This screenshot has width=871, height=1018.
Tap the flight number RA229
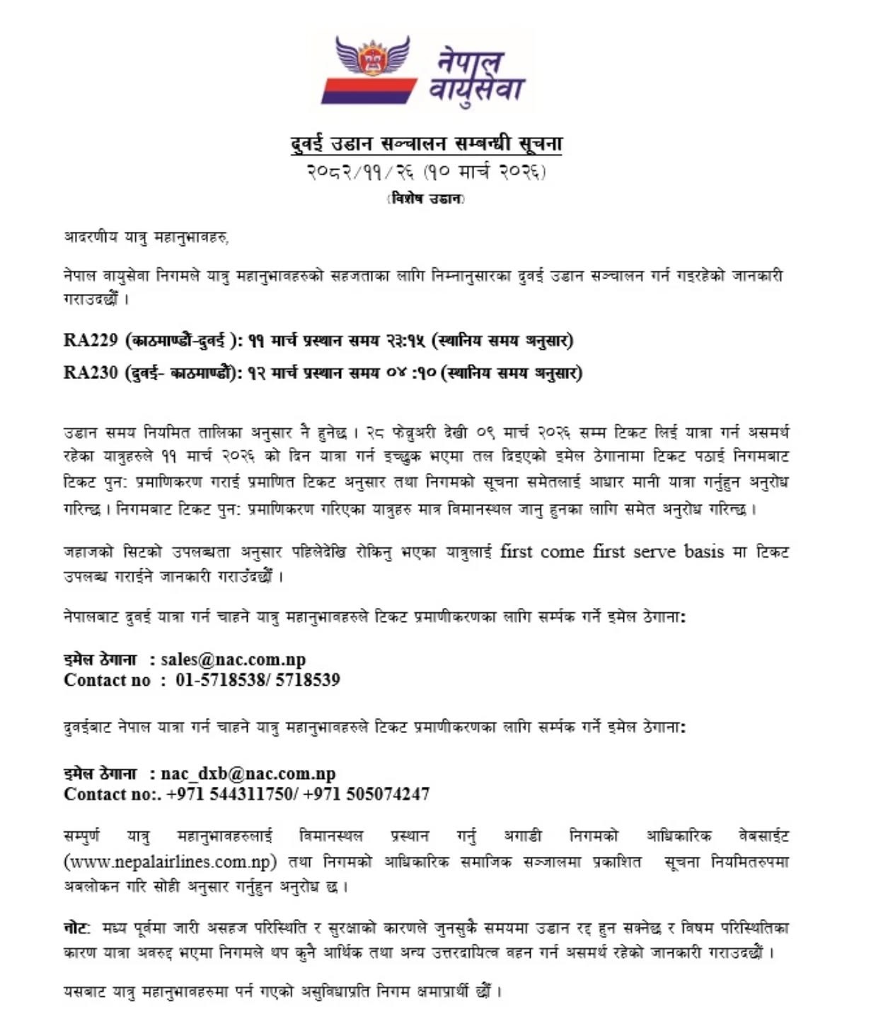(x=91, y=341)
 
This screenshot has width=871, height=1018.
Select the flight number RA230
(x=91, y=373)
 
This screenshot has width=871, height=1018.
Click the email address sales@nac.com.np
(x=233, y=660)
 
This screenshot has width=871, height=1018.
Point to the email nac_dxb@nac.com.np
(x=248, y=773)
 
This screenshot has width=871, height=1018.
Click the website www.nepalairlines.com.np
(x=169, y=862)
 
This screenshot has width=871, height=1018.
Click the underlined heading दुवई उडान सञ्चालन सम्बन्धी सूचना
(x=426, y=144)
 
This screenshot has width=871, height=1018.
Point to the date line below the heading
(x=426, y=171)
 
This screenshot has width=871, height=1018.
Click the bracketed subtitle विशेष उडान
(x=426, y=199)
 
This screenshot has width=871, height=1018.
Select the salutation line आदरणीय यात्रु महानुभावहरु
(x=146, y=238)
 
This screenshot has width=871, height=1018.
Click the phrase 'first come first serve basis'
(x=612, y=551)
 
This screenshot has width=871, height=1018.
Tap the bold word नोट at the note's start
(x=76, y=928)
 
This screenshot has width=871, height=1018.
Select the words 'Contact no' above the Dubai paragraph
(x=107, y=680)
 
